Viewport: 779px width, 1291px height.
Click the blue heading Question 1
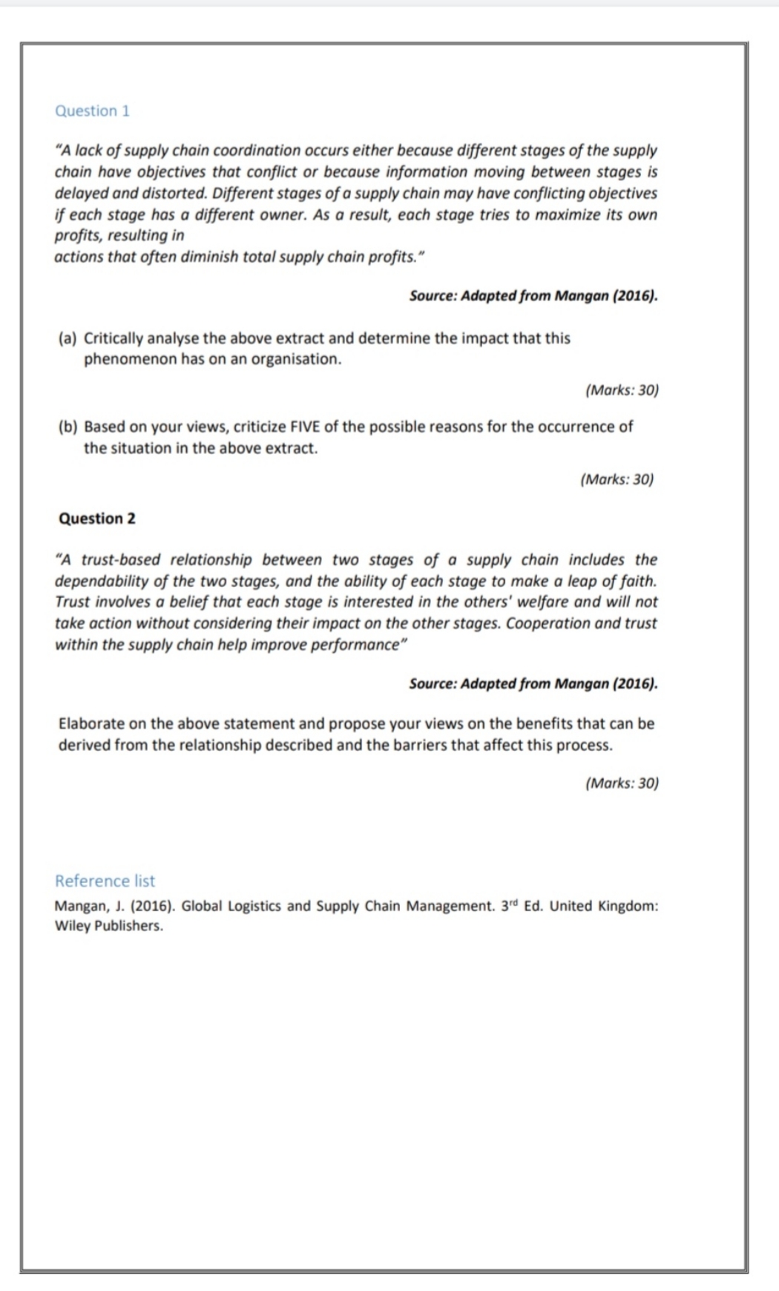pos(92,111)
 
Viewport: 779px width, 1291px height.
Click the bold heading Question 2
pos(96,519)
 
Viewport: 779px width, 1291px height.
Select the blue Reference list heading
pos(105,881)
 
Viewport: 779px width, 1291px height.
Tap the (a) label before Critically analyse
pos(68,338)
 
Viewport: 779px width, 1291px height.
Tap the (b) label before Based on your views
pos(68,427)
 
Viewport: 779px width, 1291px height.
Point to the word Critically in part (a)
pos(113,338)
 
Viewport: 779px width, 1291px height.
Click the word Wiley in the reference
pos(72,926)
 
